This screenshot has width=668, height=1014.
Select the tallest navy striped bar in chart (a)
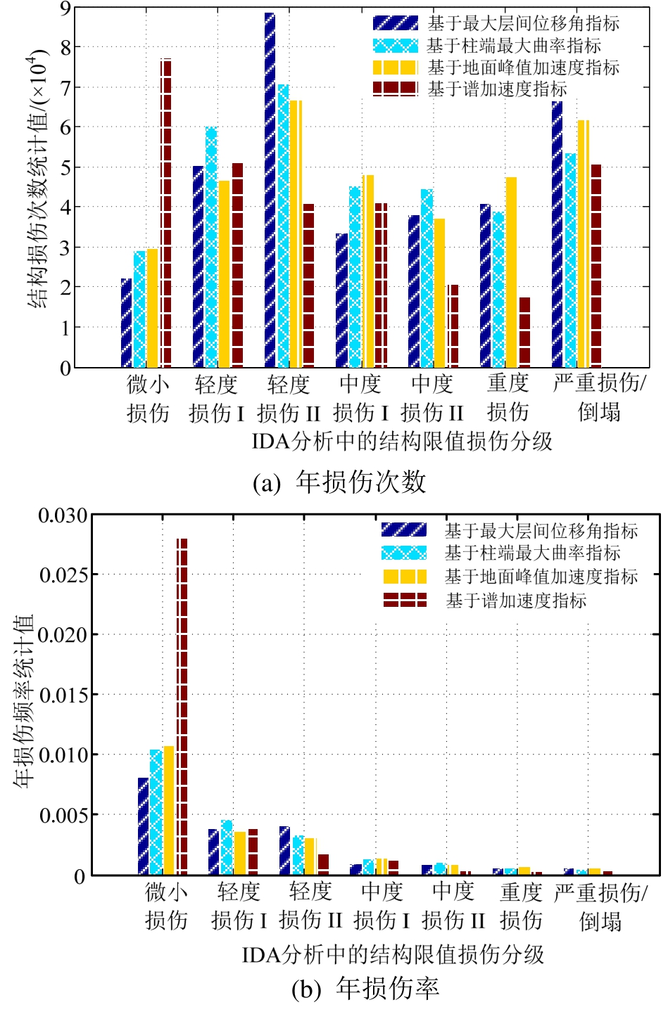click(270, 190)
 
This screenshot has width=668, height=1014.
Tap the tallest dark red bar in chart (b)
click(182, 706)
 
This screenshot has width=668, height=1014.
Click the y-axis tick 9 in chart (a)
click(65, 8)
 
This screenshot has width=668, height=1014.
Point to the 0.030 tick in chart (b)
click(63, 515)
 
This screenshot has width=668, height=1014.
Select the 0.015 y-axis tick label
click(63, 695)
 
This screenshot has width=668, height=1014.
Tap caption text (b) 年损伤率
click(365, 989)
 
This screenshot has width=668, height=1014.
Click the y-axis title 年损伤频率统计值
click(25, 700)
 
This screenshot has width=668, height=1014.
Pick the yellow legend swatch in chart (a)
click(395, 68)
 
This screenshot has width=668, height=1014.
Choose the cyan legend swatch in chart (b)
click(404, 553)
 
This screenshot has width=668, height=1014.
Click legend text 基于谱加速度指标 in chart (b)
click(516, 601)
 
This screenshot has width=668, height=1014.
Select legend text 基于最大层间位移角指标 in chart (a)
click(524, 23)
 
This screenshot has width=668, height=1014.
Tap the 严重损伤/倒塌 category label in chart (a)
click(600, 397)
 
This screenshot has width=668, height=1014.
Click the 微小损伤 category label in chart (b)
click(166, 906)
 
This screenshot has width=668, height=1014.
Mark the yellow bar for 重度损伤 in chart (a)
click(511, 272)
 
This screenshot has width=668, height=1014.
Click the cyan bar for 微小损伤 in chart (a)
click(140, 309)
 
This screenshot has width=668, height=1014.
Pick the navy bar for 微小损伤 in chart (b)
click(143, 826)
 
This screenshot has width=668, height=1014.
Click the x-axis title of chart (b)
click(393, 954)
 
